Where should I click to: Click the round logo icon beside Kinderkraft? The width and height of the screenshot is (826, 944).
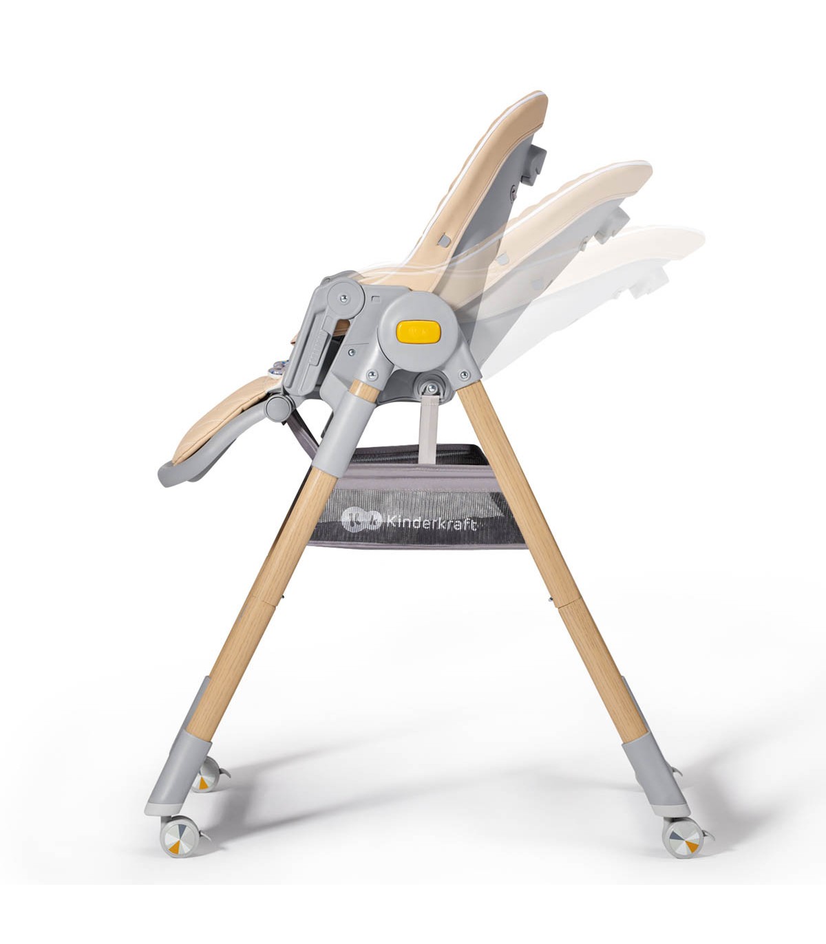[361, 520]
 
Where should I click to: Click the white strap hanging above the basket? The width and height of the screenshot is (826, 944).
[427, 430]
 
